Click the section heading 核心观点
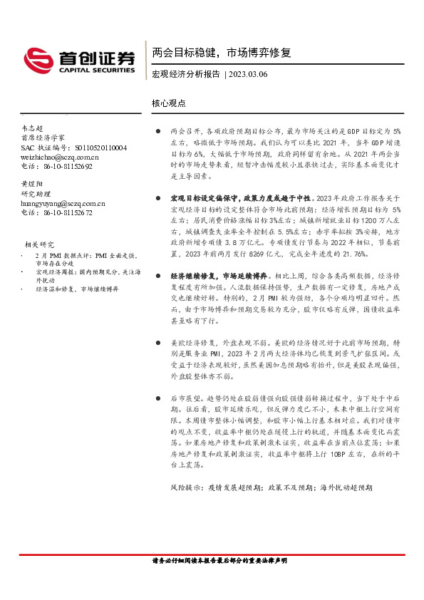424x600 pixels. pyautogui.click(x=169, y=103)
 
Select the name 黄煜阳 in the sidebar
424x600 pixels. pyautogui.click(x=32, y=184)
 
